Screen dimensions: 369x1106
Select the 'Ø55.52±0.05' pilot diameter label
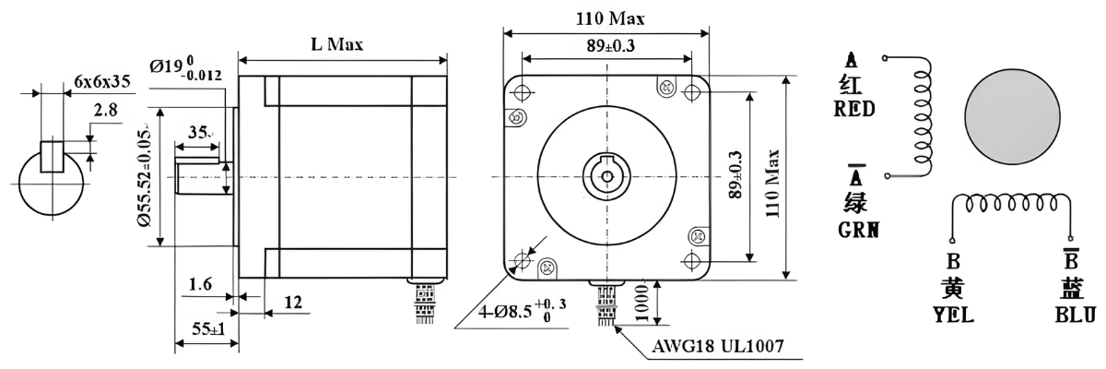(147, 176)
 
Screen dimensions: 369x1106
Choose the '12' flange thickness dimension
(293, 302)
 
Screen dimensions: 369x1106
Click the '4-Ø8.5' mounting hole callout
(522, 311)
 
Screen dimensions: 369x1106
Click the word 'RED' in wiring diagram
(853, 109)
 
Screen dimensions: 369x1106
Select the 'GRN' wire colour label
(856, 230)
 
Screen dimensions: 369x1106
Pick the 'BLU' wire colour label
(1075, 315)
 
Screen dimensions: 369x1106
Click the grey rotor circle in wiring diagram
(1010, 114)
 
